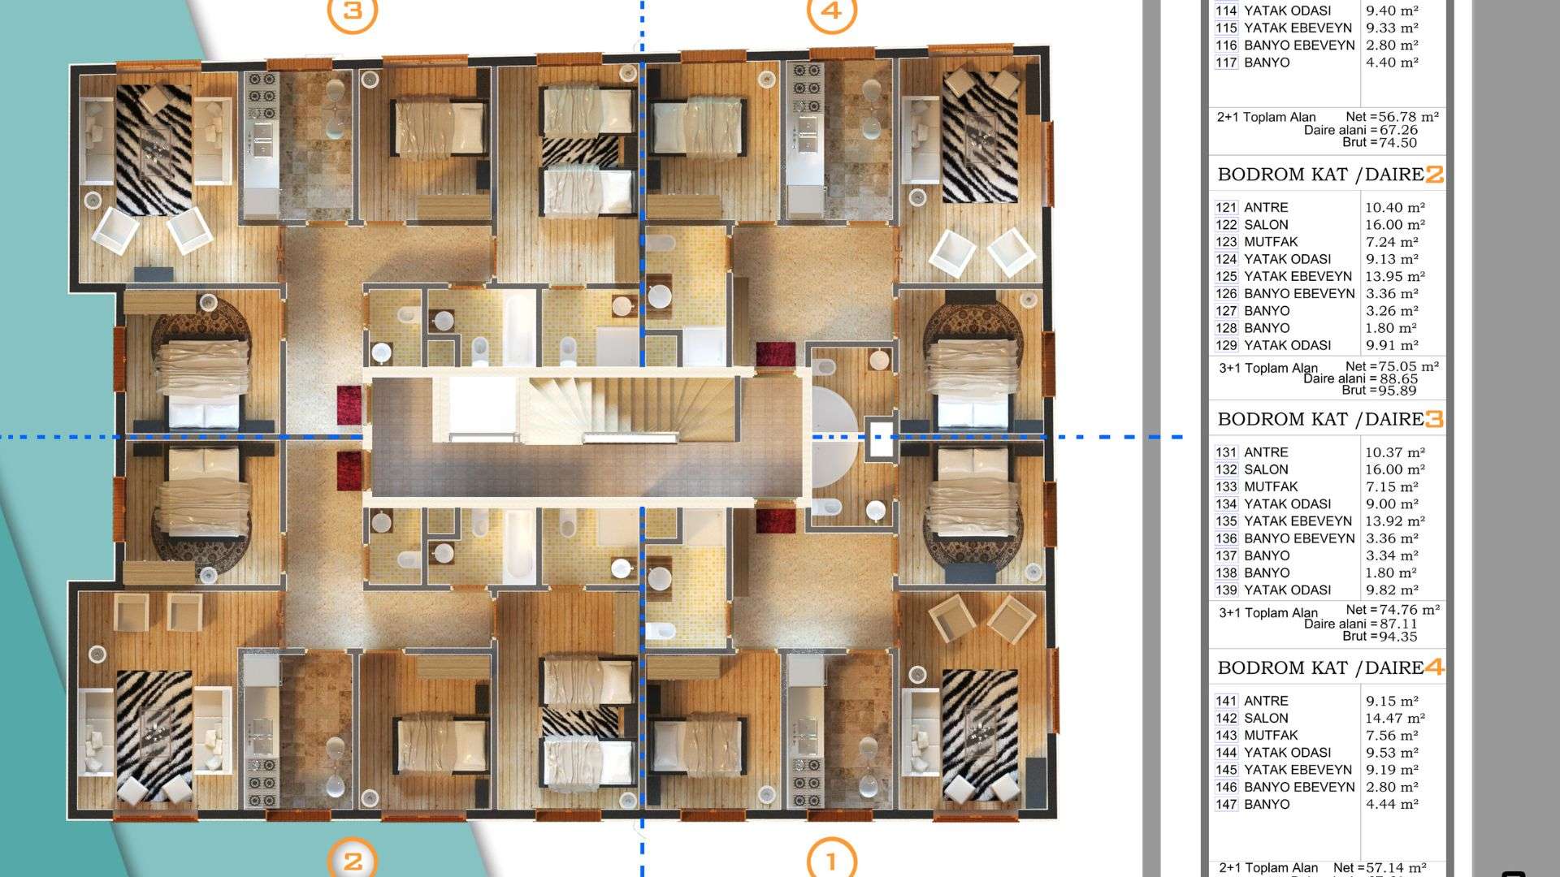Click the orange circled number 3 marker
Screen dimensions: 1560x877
[x=352, y=11]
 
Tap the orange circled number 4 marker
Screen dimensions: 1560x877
[x=831, y=11]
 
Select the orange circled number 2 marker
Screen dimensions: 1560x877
[x=352, y=859]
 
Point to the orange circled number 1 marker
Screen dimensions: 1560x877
[x=831, y=859]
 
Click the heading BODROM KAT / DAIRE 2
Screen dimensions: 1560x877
[x=1330, y=175]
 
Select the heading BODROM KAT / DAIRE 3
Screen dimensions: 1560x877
[x=1330, y=419]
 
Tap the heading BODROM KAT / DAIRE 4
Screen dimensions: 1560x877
[x=1330, y=667]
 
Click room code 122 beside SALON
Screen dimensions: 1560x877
[x=1226, y=225]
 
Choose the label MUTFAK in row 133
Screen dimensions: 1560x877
[x=1271, y=486]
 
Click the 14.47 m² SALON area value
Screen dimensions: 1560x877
[x=1395, y=718]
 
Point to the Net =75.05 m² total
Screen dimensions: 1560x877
[x=1392, y=366]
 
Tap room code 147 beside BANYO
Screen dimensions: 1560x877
[x=1226, y=805]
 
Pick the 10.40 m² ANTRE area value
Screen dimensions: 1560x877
[x=1395, y=208]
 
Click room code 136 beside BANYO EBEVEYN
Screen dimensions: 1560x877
[x=1226, y=538]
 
